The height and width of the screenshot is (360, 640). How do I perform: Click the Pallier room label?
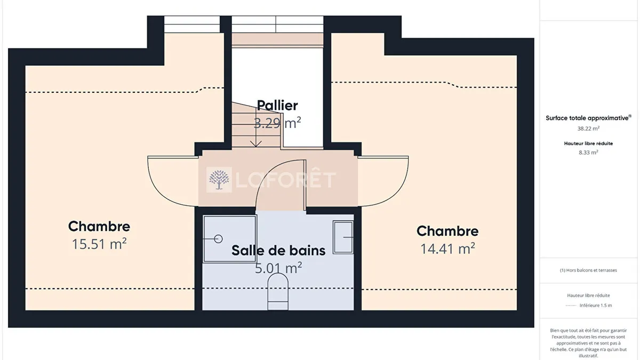tap(277, 106)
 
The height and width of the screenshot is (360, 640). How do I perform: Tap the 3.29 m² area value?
tap(277, 123)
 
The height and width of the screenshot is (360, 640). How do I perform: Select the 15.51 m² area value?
tap(99, 244)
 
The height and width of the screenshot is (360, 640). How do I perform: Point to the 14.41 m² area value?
tap(447, 249)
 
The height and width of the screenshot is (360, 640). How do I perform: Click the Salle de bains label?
tap(278, 250)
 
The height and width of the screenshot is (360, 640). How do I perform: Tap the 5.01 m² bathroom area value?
tap(278, 268)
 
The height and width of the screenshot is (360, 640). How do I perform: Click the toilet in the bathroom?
tap(278, 291)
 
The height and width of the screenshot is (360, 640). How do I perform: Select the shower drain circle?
tap(218, 238)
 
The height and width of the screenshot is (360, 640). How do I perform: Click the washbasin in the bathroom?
tap(343, 237)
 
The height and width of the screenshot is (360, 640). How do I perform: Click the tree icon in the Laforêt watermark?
tap(219, 180)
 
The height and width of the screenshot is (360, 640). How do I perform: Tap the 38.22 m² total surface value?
tap(588, 129)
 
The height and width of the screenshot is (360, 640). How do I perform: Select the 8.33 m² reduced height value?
tap(588, 153)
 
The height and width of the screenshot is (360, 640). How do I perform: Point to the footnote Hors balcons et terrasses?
tap(588, 270)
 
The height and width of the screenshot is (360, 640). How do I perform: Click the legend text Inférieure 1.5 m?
tap(596, 306)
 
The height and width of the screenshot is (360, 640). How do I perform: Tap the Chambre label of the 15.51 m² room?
tap(99, 226)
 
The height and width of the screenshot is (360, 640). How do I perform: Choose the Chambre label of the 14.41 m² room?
tap(447, 231)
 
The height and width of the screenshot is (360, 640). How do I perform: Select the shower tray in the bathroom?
tap(230, 239)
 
